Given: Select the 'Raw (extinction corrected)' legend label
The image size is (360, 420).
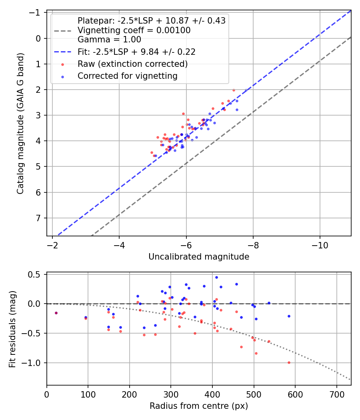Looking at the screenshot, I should [132, 64].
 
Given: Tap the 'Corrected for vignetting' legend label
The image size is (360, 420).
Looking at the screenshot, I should [128, 76].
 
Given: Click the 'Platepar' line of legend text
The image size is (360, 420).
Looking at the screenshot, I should [152, 21].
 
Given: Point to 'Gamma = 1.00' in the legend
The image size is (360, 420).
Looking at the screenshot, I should [109, 40].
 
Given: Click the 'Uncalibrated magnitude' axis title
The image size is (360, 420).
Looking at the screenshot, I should [199, 257].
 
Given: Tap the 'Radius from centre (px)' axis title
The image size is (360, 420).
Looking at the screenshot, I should [199, 406].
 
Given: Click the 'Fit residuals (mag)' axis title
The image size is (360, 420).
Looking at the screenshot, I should [12, 329].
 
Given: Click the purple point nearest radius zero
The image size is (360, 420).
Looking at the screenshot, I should [56, 313].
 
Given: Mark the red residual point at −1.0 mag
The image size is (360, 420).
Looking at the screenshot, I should [289, 362].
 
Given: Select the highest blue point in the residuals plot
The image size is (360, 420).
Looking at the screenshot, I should [216, 277].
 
